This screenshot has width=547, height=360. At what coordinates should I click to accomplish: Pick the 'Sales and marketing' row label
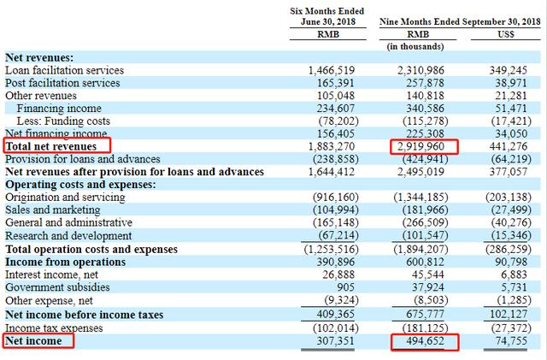tap(52, 210)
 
